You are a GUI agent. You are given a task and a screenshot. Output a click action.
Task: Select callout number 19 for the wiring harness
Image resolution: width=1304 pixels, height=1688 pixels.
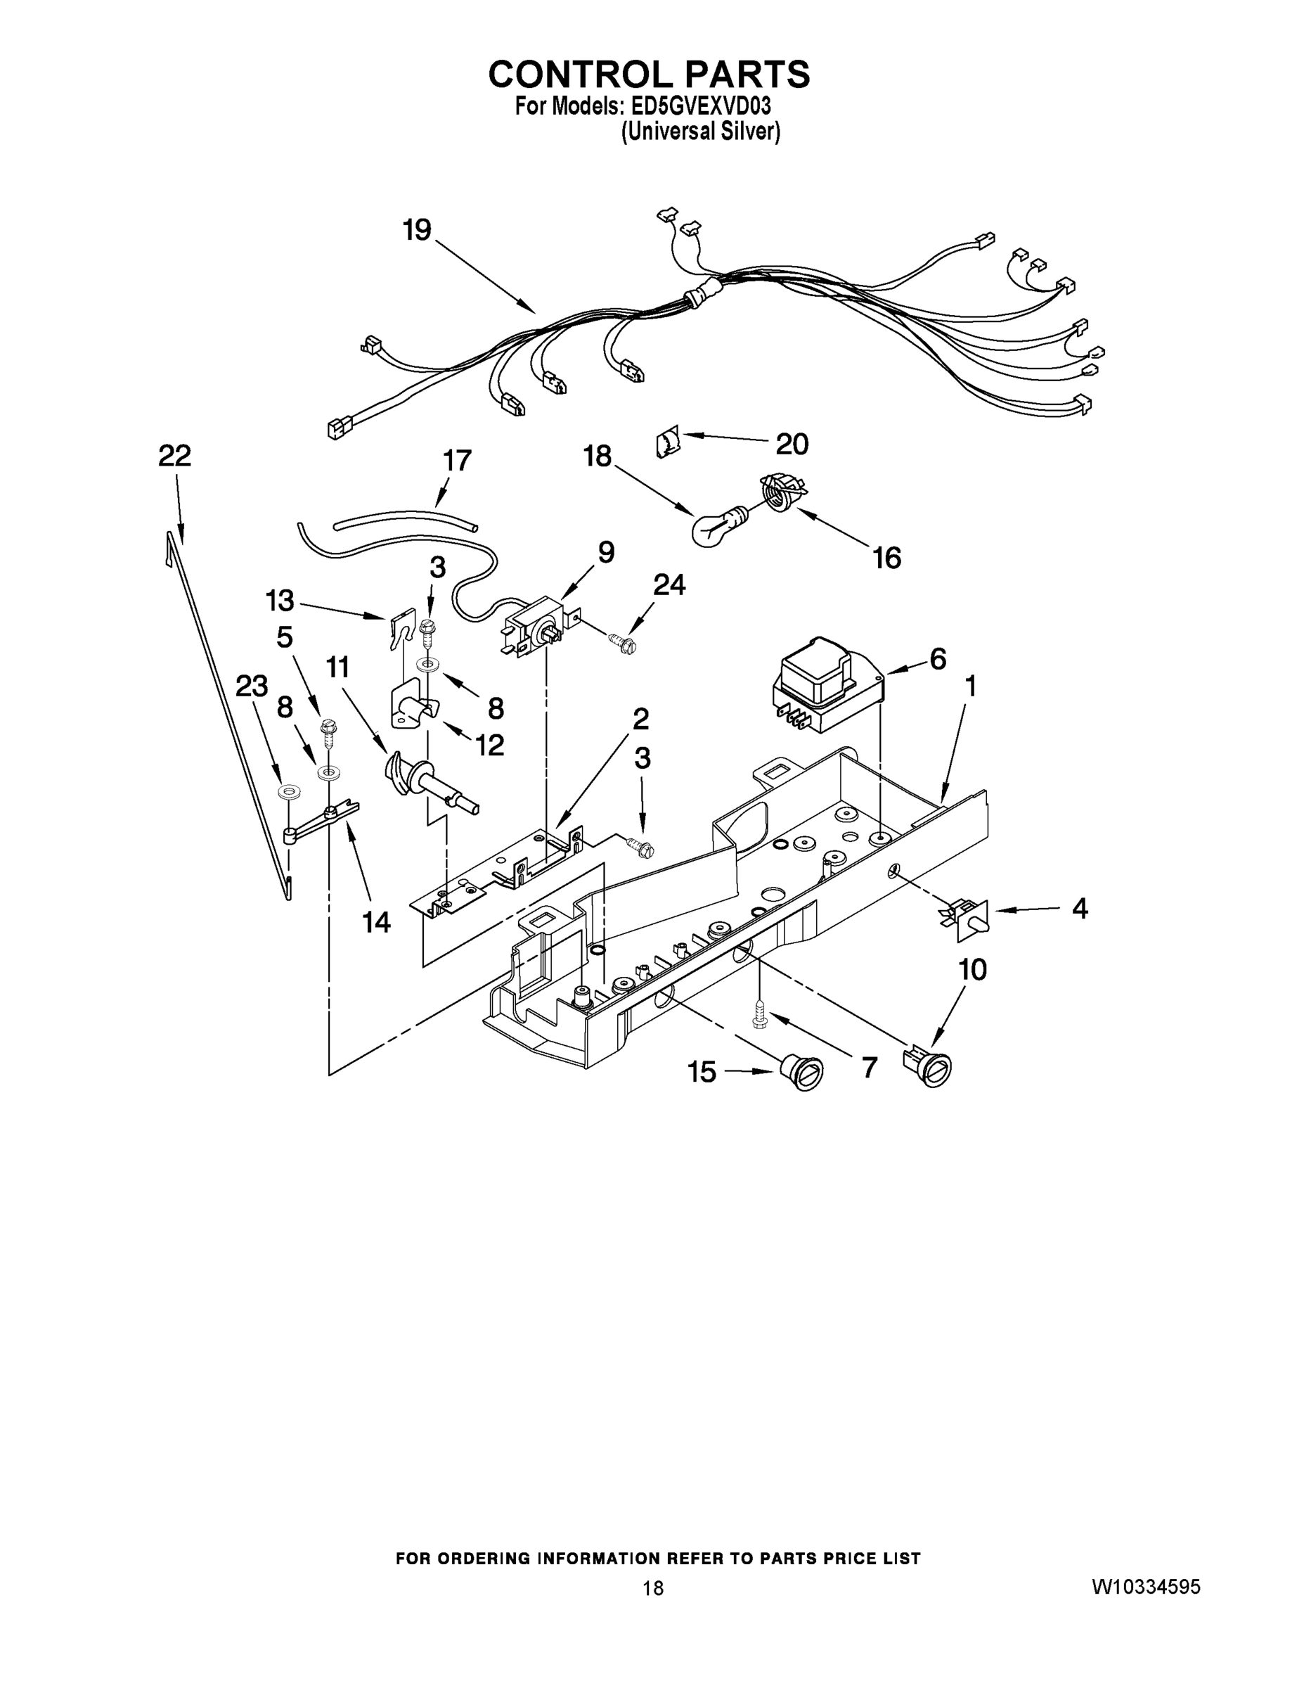click(x=417, y=229)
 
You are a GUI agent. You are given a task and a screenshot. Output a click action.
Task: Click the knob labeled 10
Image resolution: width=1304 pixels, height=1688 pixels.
click(x=930, y=1070)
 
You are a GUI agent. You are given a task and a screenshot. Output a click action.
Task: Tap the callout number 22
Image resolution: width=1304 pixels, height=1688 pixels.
click(x=174, y=456)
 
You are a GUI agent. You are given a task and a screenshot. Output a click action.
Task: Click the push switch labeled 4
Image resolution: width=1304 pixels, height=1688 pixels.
click(x=969, y=920)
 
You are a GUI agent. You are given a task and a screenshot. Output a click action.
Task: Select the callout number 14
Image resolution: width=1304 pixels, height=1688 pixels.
click(x=377, y=921)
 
